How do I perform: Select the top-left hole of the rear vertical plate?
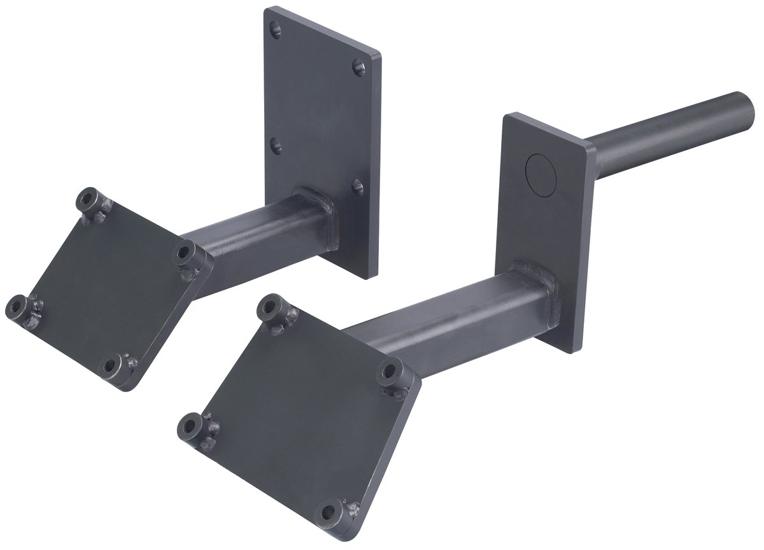[275, 29]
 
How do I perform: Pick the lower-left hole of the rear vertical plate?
[276, 146]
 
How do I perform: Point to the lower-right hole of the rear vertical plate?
[358, 187]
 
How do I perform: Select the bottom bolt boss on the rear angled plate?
[113, 365]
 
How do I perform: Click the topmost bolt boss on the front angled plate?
[270, 307]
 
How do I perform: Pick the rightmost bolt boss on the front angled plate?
[390, 372]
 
